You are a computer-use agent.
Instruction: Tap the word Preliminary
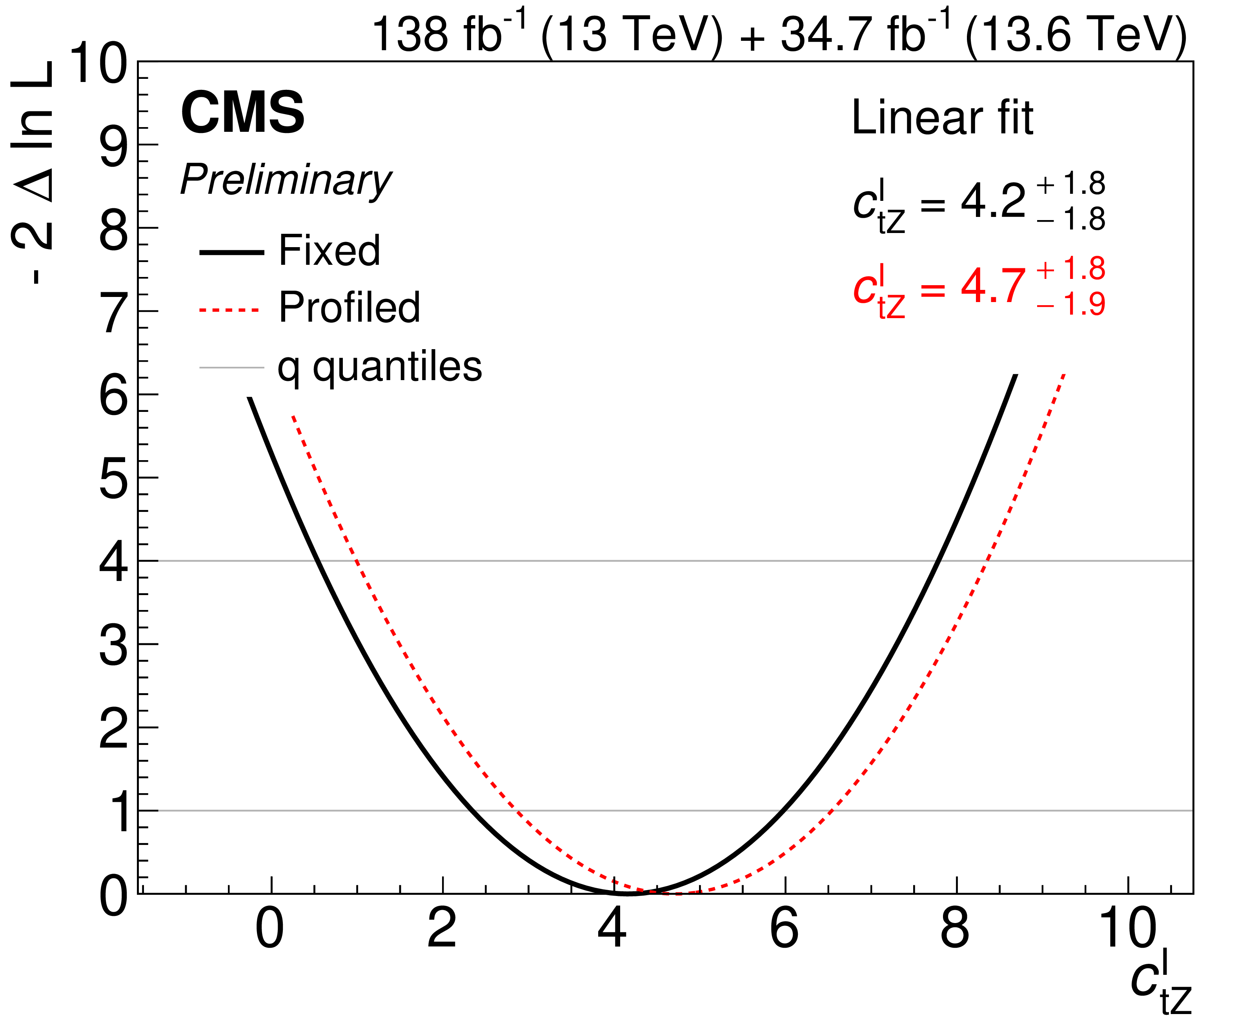[x=286, y=180]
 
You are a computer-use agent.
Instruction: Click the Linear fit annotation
[x=942, y=118]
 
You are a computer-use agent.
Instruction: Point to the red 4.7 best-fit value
[x=993, y=286]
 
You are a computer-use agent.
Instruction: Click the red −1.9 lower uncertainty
[x=1070, y=304]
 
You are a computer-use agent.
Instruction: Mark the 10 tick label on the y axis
[x=98, y=64]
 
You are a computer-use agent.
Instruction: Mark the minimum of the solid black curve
[x=627, y=894]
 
